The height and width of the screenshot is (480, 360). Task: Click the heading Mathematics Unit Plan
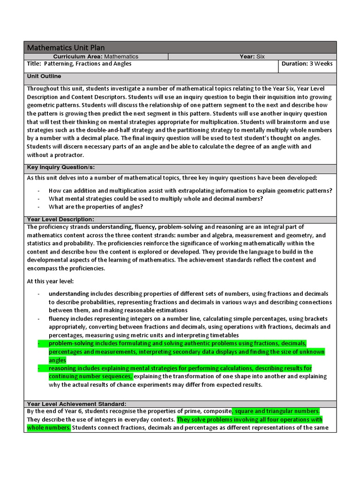(66, 47)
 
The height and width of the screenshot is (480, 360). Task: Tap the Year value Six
(260, 56)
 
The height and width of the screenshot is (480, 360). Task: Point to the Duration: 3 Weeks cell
(307, 64)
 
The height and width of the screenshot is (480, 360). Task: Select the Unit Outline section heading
(44, 76)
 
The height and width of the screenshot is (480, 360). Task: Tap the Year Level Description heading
(60, 219)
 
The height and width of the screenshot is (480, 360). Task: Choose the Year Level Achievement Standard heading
(76, 404)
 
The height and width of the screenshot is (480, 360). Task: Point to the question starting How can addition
(190, 190)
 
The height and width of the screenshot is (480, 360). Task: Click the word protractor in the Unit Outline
(68, 155)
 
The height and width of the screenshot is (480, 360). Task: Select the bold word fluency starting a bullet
(59, 318)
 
